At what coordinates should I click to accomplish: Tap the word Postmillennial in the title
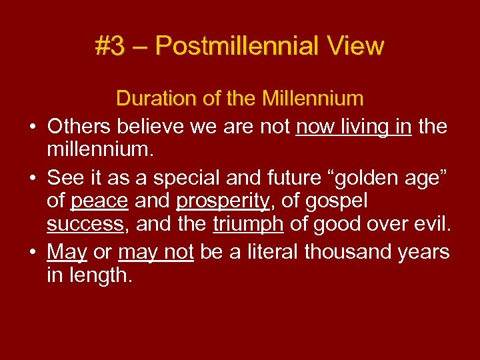pyautogui.click(x=237, y=47)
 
